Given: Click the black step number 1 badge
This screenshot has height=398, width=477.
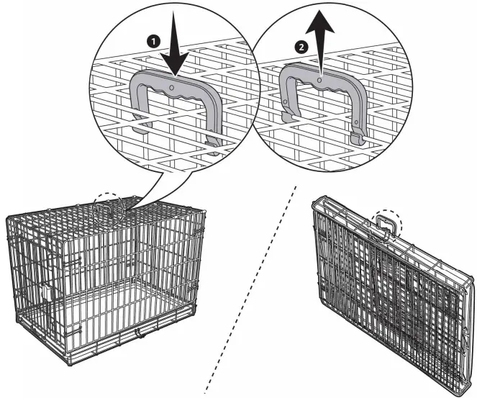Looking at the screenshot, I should [152, 42].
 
